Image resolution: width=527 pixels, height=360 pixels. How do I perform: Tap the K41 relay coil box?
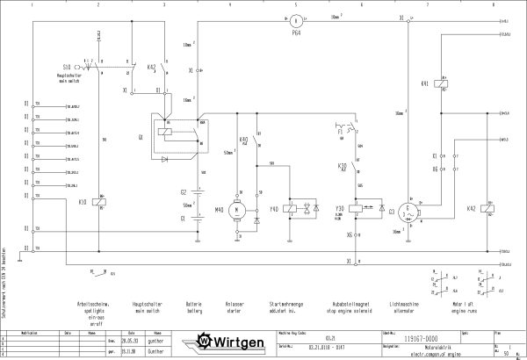[x=449, y=84]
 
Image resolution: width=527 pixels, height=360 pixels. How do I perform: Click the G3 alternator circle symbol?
[x=407, y=212]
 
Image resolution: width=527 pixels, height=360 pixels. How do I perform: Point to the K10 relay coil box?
[x=104, y=201]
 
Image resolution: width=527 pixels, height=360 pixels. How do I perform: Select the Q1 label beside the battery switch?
[x=141, y=137]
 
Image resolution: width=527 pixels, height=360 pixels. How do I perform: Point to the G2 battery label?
[x=184, y=191]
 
